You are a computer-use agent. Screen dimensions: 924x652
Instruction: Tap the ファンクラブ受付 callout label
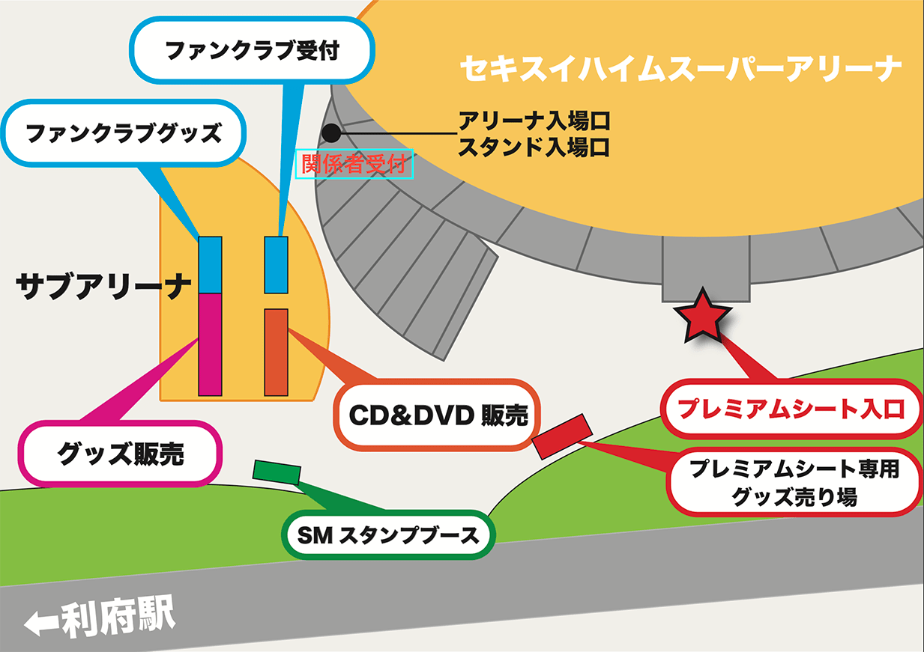(x=252, y=51)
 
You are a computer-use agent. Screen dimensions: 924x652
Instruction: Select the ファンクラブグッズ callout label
(x=124, y=134)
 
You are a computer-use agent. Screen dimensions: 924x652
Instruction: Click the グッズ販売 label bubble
(x=121, y=454)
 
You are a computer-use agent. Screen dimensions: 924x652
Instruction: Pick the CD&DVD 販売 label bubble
(x=439, y=415)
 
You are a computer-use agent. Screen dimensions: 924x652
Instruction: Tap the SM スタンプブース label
(x=388, y=535)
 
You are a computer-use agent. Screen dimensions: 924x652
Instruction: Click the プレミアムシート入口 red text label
(x=791, y=409)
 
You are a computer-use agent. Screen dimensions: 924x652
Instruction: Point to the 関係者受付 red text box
(x=357, y=164)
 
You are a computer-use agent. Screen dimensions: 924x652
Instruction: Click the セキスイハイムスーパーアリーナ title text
(x=680, y=70)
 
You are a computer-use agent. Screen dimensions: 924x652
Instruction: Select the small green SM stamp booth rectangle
(x=277, y=472)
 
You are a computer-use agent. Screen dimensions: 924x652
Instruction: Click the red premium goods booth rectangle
(x=562, y=436)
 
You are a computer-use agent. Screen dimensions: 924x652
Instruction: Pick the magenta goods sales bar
(x=210, y=344)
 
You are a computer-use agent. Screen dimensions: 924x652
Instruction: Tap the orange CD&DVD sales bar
(x=277, y=352)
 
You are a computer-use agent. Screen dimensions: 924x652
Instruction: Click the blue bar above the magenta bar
(x=210, y=265)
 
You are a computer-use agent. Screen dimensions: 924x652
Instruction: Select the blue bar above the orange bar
(x=277, y=265)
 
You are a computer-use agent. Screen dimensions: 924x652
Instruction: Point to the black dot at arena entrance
(x=330, y=134)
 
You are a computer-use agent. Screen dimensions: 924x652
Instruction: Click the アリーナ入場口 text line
(x=534, y=120)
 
